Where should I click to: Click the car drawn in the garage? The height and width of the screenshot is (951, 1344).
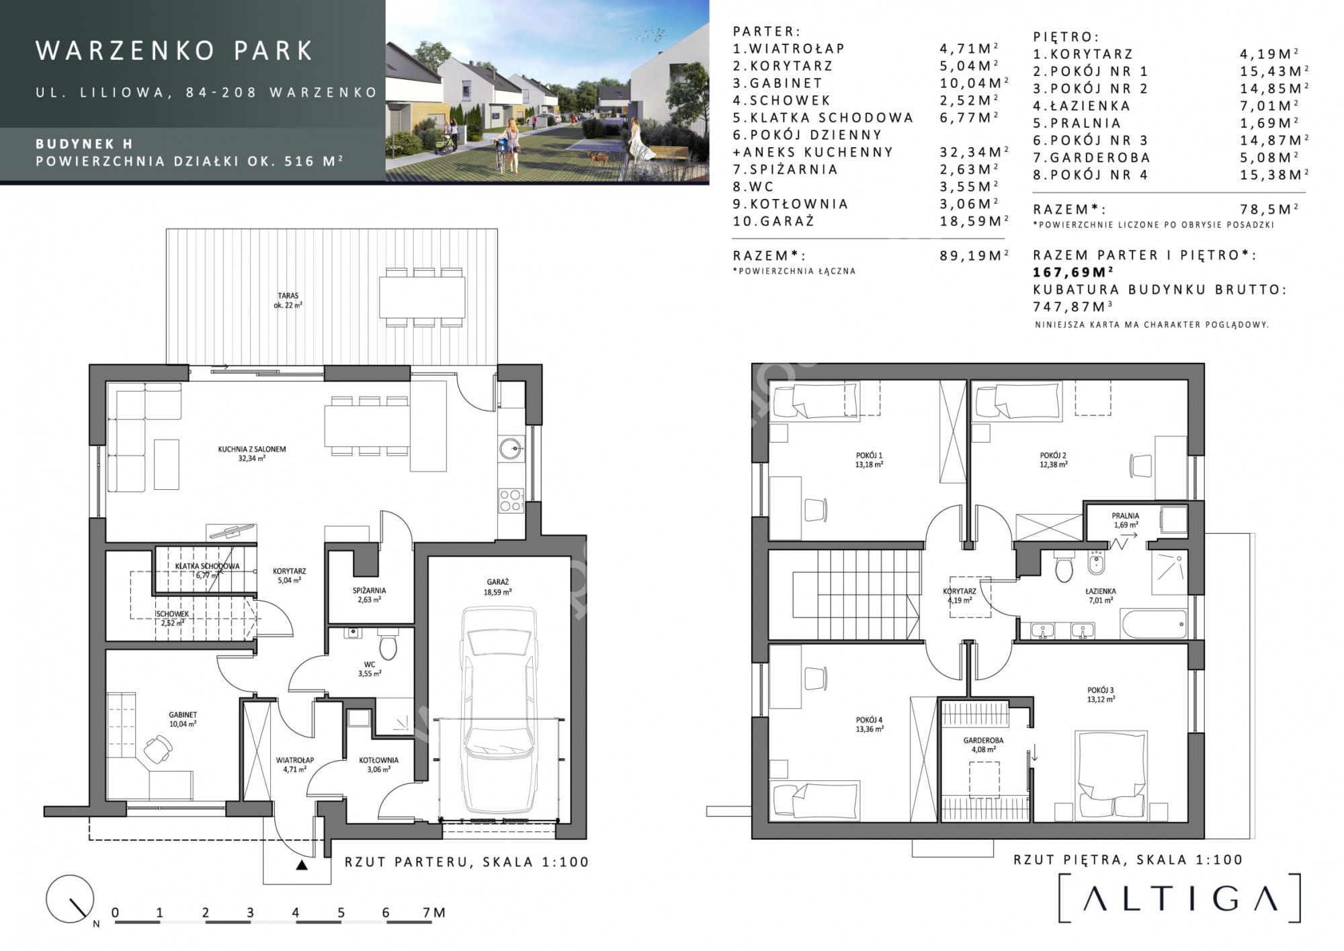pos(499,710)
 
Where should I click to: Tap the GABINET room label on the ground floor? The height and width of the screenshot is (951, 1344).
pos(183,715)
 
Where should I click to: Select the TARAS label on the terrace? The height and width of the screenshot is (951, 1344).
pos(288,296)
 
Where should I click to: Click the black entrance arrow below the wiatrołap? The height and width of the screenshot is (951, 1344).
pos(302,865)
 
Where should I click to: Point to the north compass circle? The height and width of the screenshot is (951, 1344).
pos(70,899)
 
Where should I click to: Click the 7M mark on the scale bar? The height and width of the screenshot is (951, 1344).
pos(433,913)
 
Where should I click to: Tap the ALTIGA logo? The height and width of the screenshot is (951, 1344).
pos(1180,898)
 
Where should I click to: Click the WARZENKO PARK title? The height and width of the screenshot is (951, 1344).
pos(175,50)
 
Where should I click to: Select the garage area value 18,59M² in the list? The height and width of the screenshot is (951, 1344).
pos(974,220)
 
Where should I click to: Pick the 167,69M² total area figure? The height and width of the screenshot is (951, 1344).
pos(1073,272)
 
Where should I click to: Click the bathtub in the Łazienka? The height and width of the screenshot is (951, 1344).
pos(1153,624)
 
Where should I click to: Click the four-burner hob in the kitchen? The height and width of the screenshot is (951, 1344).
pos(511,501)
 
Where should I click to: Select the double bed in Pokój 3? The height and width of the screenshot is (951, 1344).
pos(1111,774)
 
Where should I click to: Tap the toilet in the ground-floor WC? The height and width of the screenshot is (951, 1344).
pos(388,644)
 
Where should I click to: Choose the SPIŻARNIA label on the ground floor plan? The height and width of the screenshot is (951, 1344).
pos(369,591)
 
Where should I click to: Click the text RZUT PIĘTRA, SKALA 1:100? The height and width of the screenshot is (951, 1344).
pos(1128,860)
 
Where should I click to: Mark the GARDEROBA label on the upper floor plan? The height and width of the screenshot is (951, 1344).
pos(983,741)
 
